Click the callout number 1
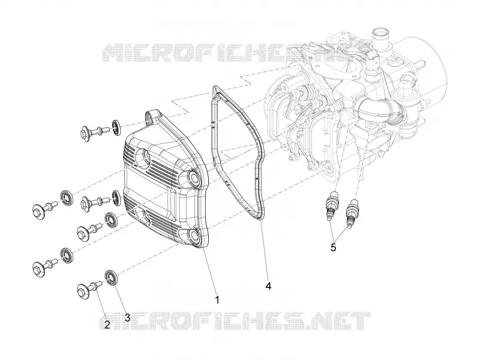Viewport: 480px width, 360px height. pyautogui.click(x=217, y=299)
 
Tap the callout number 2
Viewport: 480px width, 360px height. pyautogui.click(x=107, y=325)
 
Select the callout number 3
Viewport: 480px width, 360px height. pyautogui.click(x=127, y=317)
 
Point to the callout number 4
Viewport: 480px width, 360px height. pyautogui.click(x=268, y=286)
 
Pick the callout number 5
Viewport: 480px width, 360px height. pyautogui.click(x=334, y=247)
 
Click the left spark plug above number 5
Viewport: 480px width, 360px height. pyautogui.click(x=332, y=204)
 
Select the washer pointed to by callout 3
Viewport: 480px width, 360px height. pyautogui.click(x=111, y=278)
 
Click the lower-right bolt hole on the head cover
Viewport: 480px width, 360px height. pyautogui.click(x=194, y=235)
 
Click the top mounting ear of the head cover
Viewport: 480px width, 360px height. pyautogui.click(x=152, y=117)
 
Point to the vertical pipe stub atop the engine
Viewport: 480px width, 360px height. pyautogui.click(x=379, y=41)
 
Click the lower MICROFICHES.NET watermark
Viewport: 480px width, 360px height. pyautogui.click(x=235, y=321)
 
